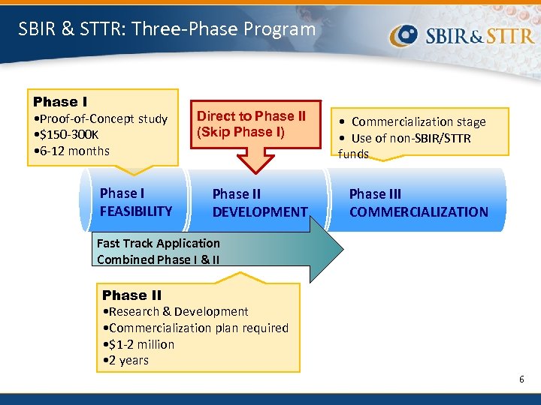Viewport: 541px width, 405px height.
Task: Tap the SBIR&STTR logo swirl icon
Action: tap(407, 34)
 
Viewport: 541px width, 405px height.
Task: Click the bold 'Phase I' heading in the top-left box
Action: tap(60, 101)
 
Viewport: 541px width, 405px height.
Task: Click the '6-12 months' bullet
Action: tap(73, 151)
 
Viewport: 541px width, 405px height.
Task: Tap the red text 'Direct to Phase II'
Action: tap(251, 116)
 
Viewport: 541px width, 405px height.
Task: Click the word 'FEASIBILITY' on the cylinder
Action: tap(136, 211)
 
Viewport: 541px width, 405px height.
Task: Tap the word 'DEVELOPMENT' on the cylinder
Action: tap(259, 212)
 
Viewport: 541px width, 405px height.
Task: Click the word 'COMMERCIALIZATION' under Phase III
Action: tap(419, 212)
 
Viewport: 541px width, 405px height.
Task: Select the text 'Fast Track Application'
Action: tap(159, 243)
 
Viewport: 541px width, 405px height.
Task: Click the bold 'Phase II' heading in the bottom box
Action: tap(131, 295)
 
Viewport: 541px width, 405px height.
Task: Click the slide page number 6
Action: tap(521, 379)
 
